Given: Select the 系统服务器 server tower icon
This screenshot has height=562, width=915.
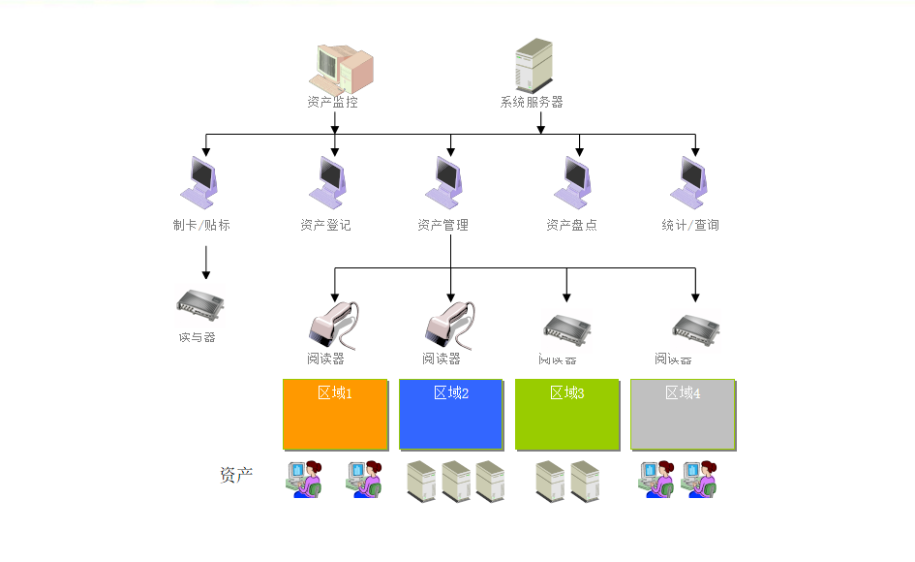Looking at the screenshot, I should pos(534,65).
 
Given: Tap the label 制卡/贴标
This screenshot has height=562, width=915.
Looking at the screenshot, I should pos(201,225).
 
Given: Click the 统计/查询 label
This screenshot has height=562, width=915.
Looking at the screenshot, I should pos(690,225).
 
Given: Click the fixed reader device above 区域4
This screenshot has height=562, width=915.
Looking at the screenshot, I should pos(695,328).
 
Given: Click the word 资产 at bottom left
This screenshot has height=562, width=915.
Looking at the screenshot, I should pos(236,475).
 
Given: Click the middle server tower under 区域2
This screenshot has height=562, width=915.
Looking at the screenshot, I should pos(455,480).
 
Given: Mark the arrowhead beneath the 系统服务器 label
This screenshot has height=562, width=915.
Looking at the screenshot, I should pos(540,129).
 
